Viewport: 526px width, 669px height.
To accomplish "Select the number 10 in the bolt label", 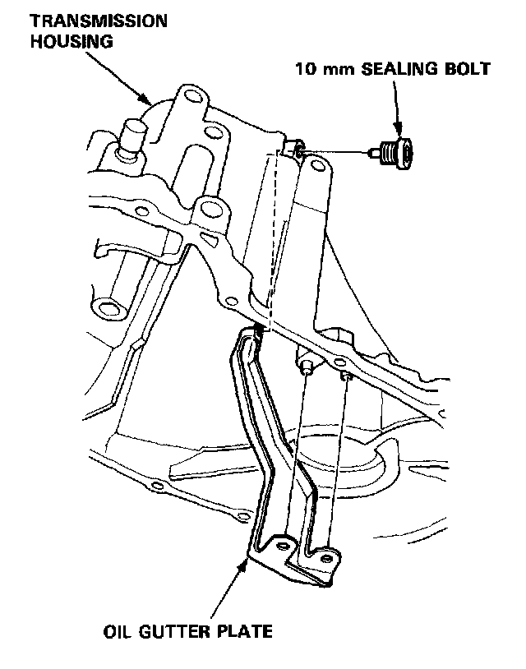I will click(307, 68).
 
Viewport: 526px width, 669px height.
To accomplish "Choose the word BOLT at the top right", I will click(469, 68).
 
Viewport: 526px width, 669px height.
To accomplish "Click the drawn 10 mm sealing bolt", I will click(397, 152).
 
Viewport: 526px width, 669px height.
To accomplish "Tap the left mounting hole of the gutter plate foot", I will click(284, 547).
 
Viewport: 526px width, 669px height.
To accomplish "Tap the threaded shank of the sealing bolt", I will click(377, 151).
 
